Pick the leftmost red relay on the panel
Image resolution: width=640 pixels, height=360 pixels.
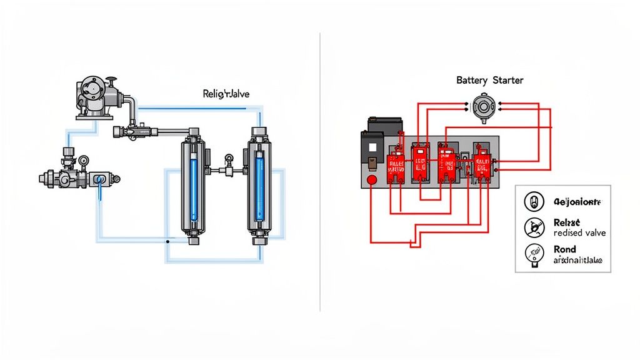(x=396, y=163)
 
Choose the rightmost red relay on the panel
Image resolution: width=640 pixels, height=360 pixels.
(x=482, y=166)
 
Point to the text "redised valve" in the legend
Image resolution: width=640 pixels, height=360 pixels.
(x=579, y=232)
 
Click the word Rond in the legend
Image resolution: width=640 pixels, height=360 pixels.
(x=565, y=249)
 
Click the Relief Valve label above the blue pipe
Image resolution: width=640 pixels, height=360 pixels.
(x=226, y=94)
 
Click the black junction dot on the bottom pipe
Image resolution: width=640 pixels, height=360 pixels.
(x=167, y=241)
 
